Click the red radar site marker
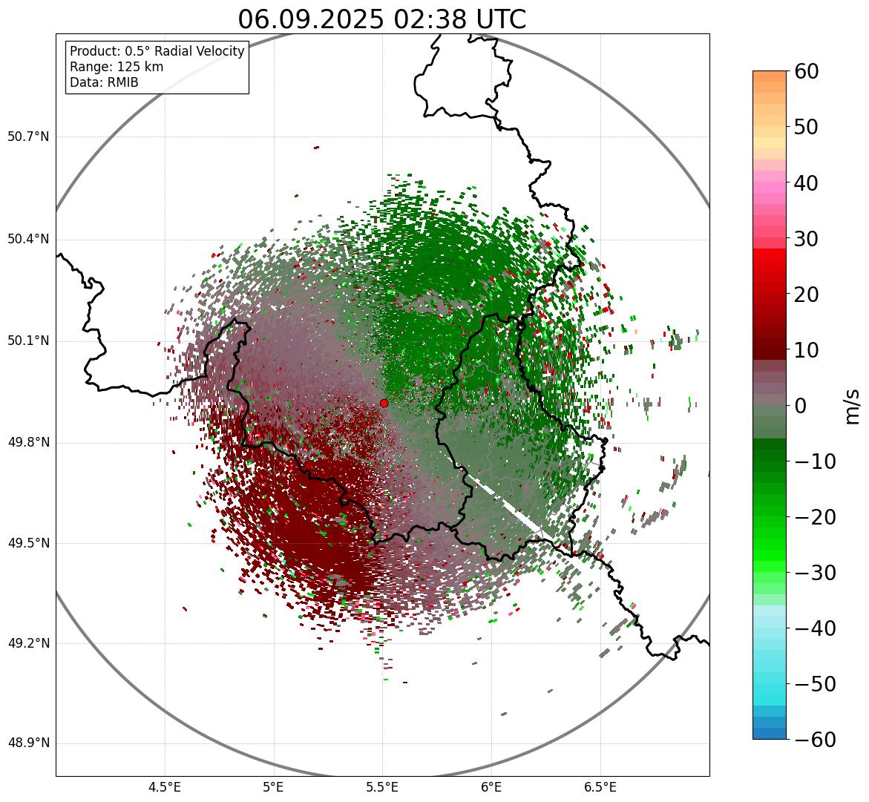point(384,403)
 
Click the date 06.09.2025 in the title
point(310,19)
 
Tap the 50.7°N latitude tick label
point(28,137)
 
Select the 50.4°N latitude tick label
point(28,239)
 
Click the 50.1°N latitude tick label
point(28,341)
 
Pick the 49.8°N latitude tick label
point(28,443)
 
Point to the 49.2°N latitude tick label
point(28,643)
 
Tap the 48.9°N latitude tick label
point(28,743)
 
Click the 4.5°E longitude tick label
point(165,787)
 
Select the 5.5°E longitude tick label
point(382,787)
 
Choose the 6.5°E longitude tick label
point(600,787)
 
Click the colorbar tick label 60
point(807,71)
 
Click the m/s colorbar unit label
point(853,406)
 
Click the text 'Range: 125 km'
point(117,67)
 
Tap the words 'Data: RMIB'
point(104,82)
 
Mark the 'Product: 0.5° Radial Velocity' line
point(157,51)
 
